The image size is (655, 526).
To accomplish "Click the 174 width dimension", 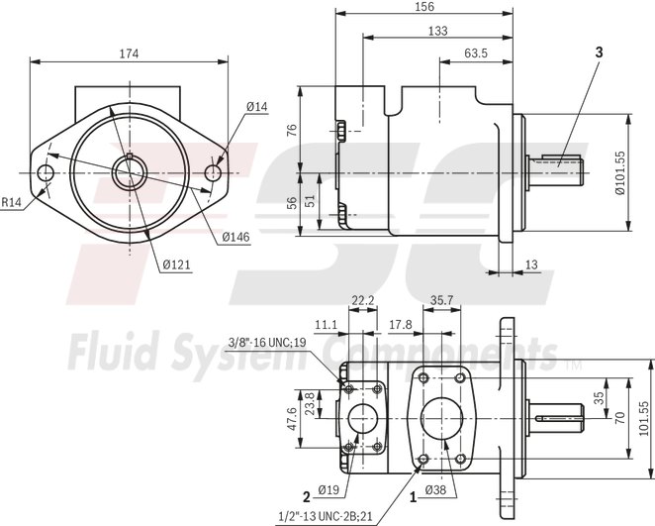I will pyautogui.click(x=128, y=53).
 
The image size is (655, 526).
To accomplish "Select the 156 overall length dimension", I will pyautogui.click(x=422, y=7).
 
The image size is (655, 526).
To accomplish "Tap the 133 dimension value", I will pyautogui.click(x=436, y=31).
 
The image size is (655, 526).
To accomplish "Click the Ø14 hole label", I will pyautogui.click(x=258, y=106).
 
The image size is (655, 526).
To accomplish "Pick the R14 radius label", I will pyautogui.click(x=11, y=202).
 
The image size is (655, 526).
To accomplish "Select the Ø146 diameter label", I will pyautogui.click(x=234, y=237).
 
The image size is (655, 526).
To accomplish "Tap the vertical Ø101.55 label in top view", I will pyautogui.click(x=620, y=173).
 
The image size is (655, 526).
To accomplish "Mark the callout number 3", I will pyautogui.click(x=599, y=51).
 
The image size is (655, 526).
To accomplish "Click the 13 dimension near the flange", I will pyautogui.click(x=532, y=263).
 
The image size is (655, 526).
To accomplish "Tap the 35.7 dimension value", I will pyautogui.click(x=441, y=298).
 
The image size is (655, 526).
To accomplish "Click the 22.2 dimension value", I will pyautogui.click(x=363, y=298).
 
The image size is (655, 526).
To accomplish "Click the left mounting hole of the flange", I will pyautogui.click(x=46, y=173).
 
